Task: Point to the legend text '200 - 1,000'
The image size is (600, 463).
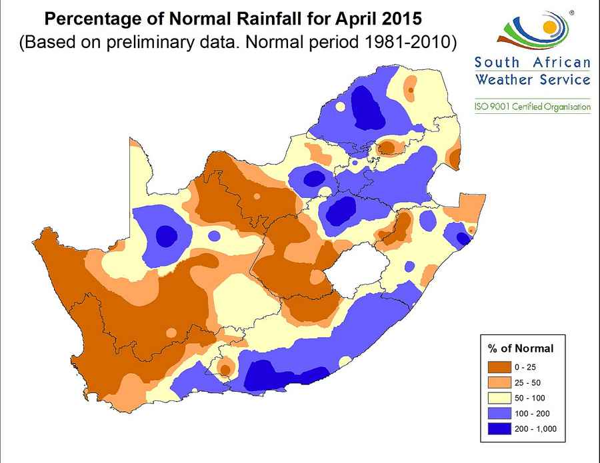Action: click(x=535, y=428)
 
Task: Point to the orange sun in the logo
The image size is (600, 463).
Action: click(x=549, y=27)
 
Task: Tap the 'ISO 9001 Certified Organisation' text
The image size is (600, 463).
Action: click(x=532, y=106)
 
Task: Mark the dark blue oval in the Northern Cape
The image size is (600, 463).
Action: click(x=167, y=235)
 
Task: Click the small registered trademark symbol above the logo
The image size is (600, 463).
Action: click(x=571, y=12)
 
